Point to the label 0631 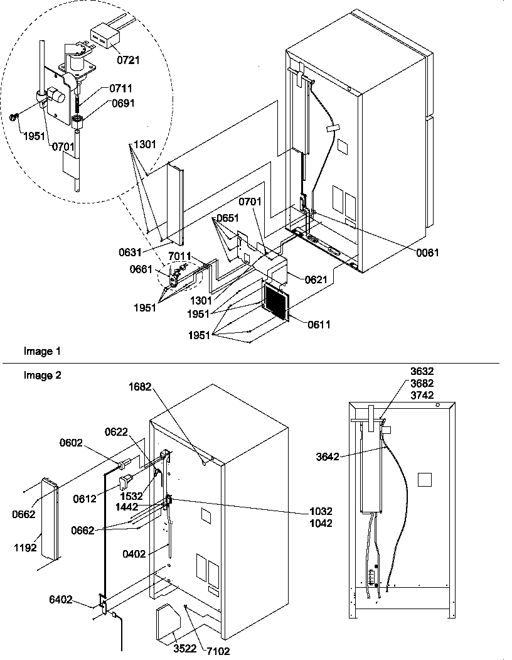coord(130,252)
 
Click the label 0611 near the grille coord(319,325)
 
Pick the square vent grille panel coord(275,301)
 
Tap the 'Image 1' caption coord(38,352)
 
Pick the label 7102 coord(218,651)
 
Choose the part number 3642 coord(327,457)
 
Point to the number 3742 coord(440,396)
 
